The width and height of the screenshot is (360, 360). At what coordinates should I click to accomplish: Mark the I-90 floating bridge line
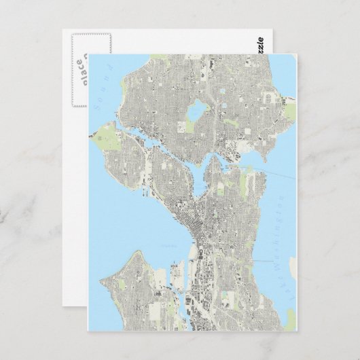pyautogui.click(x=272, y=260)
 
